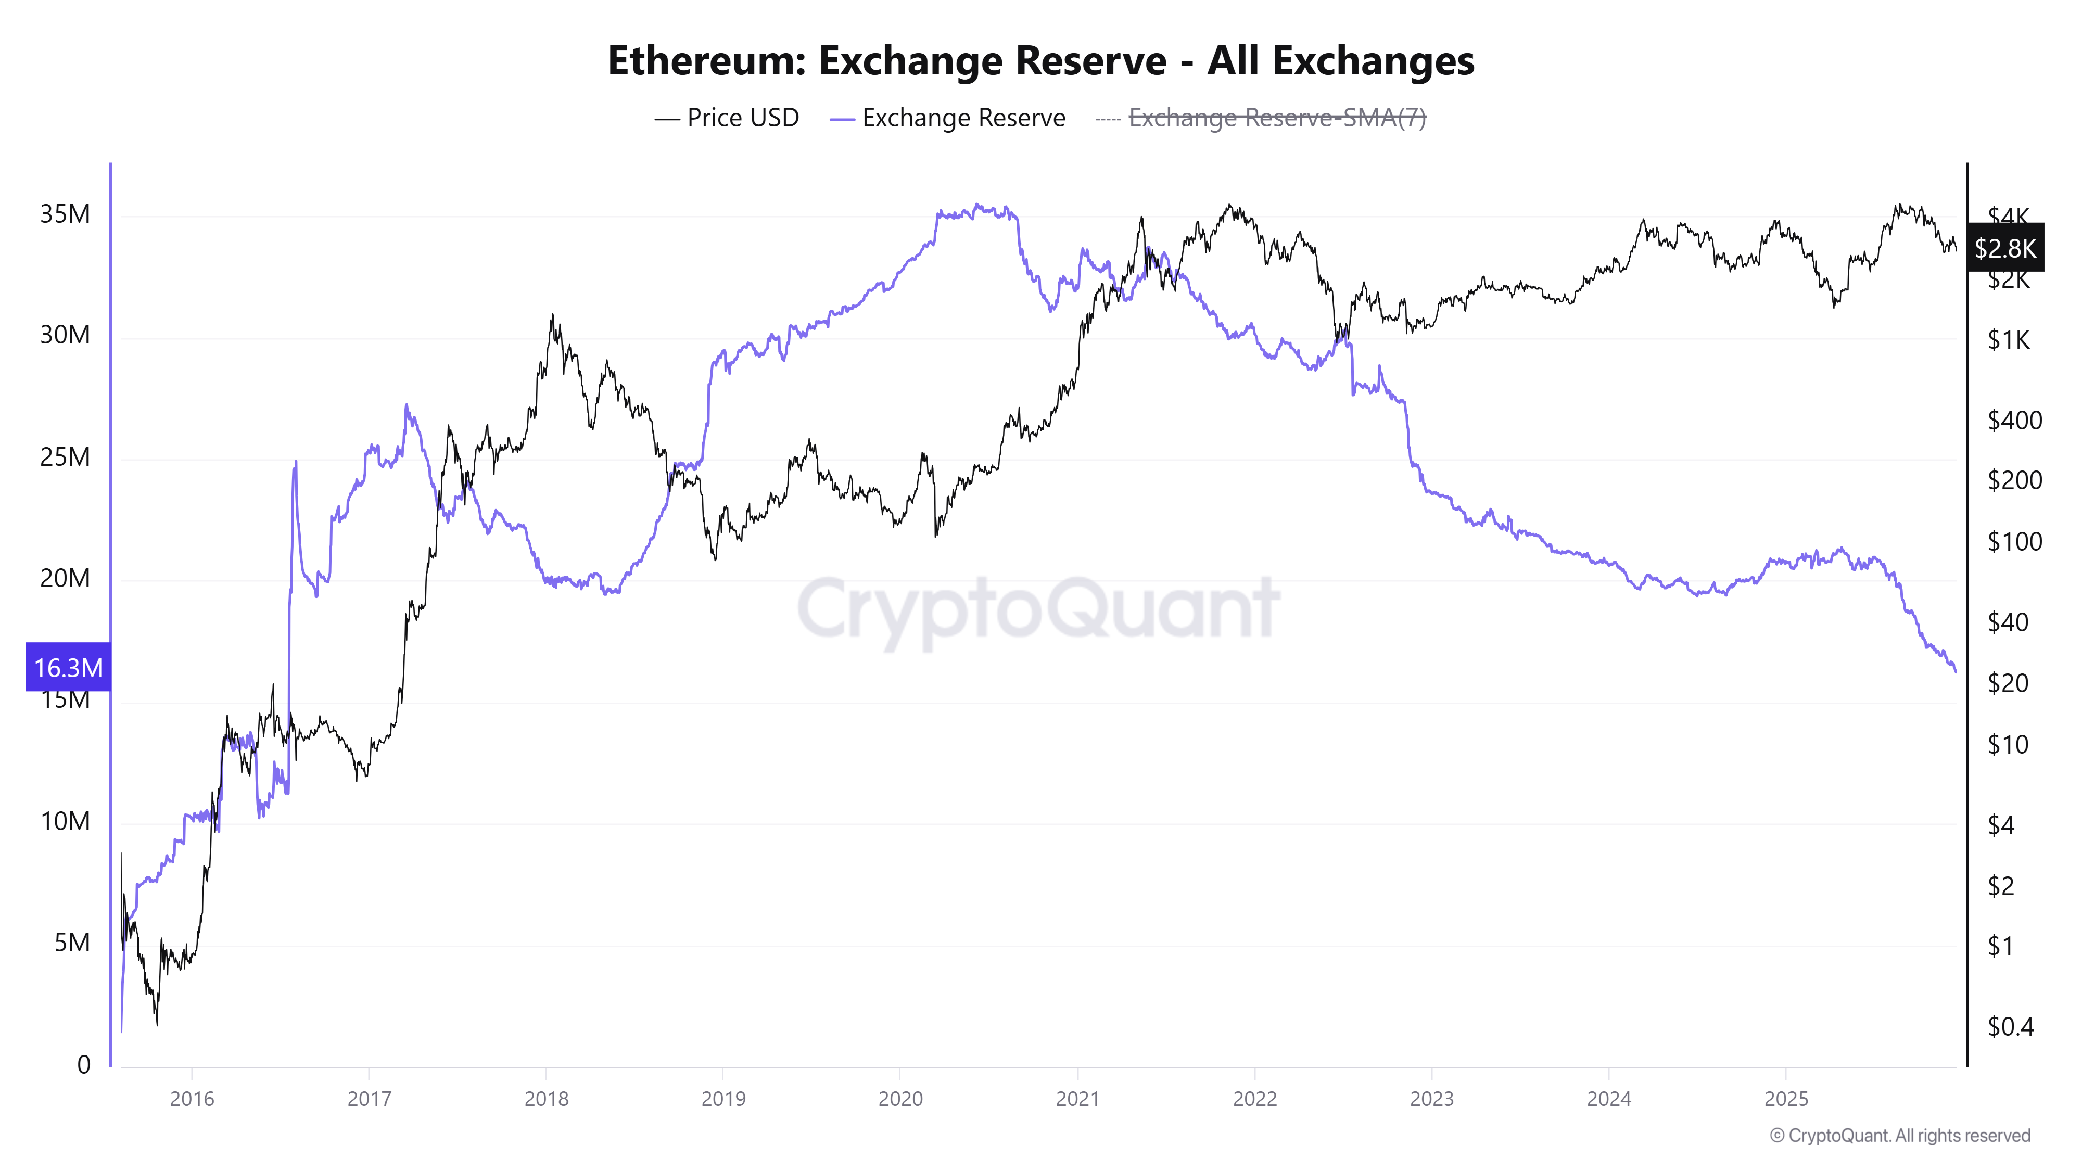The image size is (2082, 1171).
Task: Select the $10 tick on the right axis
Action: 2007,744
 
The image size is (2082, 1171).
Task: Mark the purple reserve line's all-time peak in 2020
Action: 978,205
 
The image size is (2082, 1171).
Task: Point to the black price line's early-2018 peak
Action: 552,315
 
